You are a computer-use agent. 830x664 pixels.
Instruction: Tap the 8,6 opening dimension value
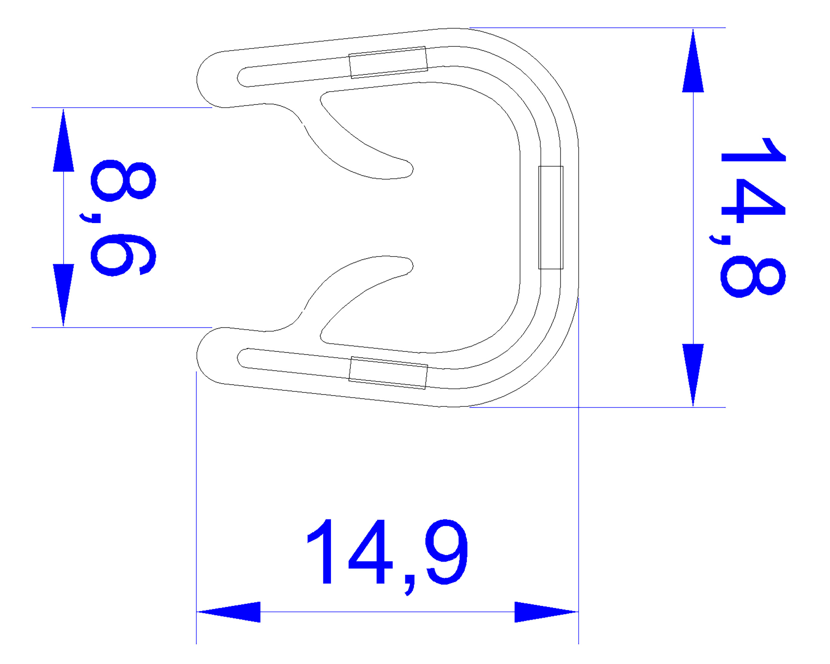123,218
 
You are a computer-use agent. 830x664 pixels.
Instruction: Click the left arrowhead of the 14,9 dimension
229,612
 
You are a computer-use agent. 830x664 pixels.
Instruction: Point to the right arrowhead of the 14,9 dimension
546,612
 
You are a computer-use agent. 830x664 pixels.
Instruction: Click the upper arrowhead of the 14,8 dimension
693,61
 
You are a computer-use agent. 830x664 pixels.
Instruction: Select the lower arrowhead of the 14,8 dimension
693,375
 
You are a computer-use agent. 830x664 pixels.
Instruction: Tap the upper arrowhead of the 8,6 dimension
63,140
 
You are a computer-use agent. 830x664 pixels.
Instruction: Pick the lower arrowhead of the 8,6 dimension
63,295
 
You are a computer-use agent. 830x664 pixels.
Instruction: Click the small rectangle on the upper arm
388,62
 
